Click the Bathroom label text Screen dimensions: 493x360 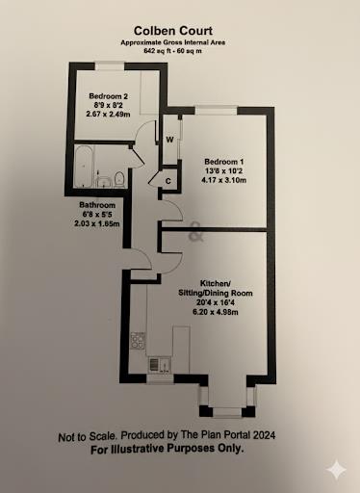pos(97,205)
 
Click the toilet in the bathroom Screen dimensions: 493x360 pos(117,178)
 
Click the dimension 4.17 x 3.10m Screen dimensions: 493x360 pos(224,180)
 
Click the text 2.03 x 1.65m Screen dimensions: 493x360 pos(96,223)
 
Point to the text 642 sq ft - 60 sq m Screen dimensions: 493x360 pos(180,53)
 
